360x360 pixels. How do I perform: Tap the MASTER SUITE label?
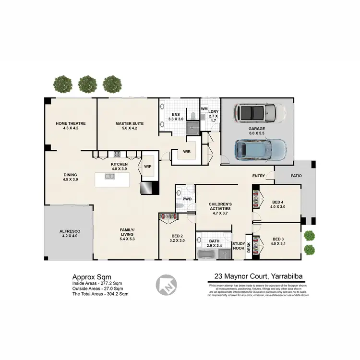[x=129, y=123]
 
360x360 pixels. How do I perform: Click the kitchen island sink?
[x=110, y=176]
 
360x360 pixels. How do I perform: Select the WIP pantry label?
[x=147, y=167]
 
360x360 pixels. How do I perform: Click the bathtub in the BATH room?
[x=207, y=254]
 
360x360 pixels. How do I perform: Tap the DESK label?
[x=249, y=247]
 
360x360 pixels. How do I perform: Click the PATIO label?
[x=296, y=176]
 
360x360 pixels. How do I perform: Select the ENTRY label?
[x=259, y=176]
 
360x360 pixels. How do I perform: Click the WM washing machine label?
[x=204, y=109]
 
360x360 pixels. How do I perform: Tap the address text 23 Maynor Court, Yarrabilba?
[x=255, y=276]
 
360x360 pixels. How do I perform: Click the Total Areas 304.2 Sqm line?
[x=100, y=294]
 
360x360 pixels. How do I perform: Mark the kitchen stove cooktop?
[x=117, y=154]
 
